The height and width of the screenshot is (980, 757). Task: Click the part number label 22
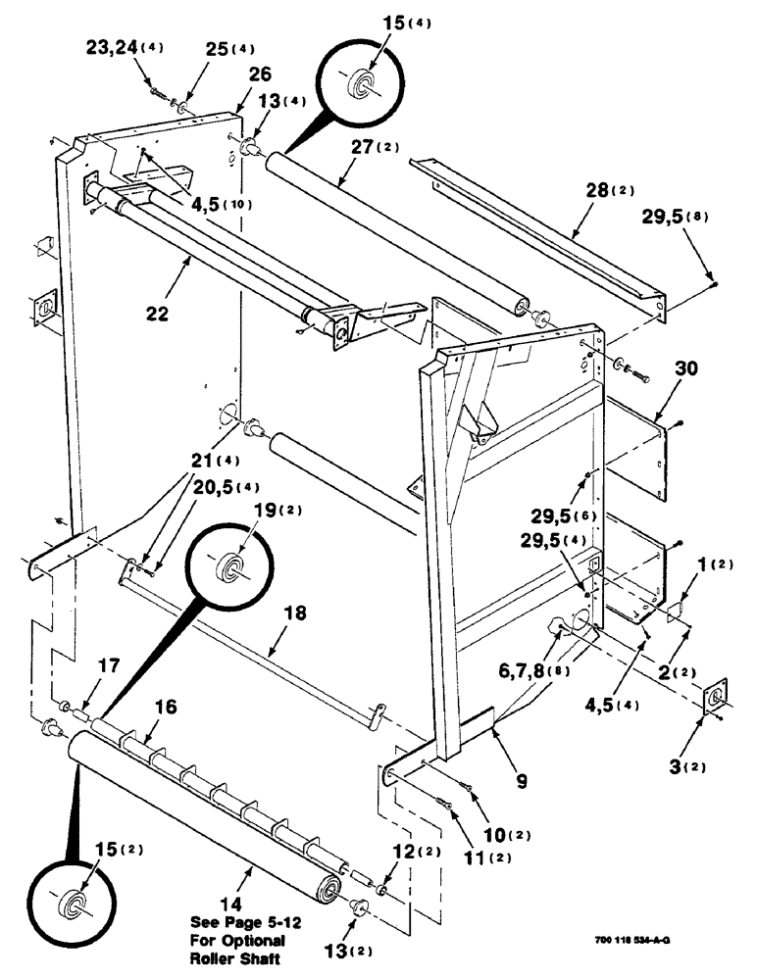point(158,316)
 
